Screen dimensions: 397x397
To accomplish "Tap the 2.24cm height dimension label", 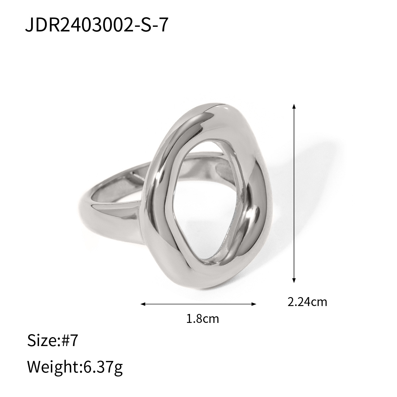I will [307, 302].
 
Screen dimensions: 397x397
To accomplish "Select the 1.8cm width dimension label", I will [203, 319].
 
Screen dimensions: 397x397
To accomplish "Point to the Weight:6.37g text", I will [75, 367].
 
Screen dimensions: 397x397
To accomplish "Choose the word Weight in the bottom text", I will [51, 367].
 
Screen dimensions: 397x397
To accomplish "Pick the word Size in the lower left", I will [42, 340].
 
